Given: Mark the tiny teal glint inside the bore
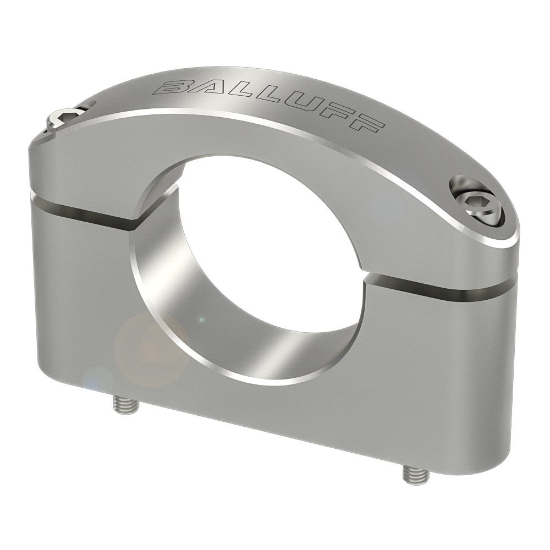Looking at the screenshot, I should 201,320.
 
